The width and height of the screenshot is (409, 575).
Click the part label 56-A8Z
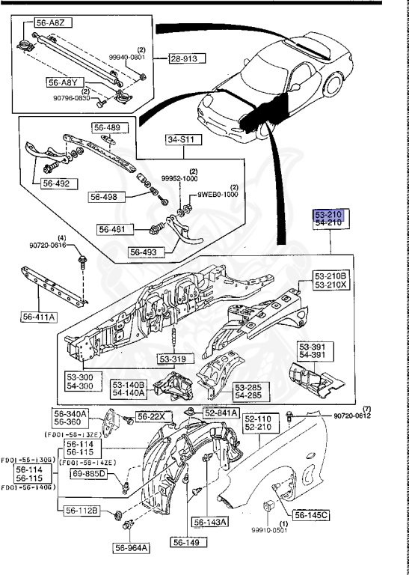point(40,23)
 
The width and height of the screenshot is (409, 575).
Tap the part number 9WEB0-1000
point(218,195)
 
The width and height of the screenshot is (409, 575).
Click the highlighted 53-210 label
point(328,214)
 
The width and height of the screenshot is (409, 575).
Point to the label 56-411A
point(37,317)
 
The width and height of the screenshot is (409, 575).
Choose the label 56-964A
point(132,548)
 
